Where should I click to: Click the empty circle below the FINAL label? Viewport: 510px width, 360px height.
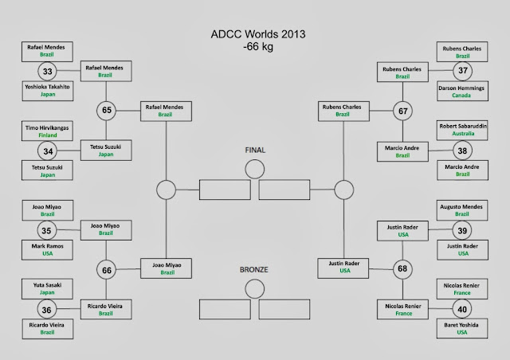[x=254, y=169]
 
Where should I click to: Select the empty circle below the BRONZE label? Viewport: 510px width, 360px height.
[x=254, y=288]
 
